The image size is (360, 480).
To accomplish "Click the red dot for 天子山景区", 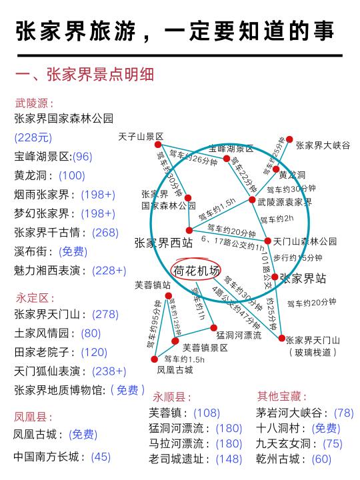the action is pyautogui.click(x=158, y=145).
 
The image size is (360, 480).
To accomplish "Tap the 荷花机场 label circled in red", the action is pyautogui.click(x=196, y=271).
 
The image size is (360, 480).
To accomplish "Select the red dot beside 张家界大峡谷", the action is pyautogui.click(x=289, y=139).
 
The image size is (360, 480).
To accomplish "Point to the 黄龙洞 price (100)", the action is pyautogui.click(x=72, y=175).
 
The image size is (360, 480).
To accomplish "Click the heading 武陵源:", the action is pyautogui.click(x=34, y=103).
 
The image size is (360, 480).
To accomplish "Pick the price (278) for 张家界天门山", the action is pyautogui.click(x=105, y=315).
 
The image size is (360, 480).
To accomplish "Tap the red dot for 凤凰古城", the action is pyautogui.click(x=155, y=359).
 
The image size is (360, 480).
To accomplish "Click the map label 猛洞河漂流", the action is pyautogui.click(x=239, y=335).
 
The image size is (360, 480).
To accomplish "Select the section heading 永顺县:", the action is pyautogui.click(x=172, y=397).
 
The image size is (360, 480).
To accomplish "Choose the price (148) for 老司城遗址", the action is pyautogui.click(x=229, y=459).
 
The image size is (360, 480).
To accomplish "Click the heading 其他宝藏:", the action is pyautogui.click(x=281, y=396).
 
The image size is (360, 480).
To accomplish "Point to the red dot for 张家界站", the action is pyautogui.click(x=275, y=277).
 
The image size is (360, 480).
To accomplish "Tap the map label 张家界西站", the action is pyautogui.click(x=163, y=243).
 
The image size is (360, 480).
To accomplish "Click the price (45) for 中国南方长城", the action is pyautogui.click(x=101, y=457).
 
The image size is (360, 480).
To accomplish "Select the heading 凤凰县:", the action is pyautogui.click(x=33, y=417).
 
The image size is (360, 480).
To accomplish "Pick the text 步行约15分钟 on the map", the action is pyautogui.click(x=297, y=258).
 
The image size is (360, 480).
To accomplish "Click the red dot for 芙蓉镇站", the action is pyautogui.click(x=169, y=296).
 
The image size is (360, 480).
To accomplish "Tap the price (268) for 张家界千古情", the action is pyautogui.click(x=105, y=233).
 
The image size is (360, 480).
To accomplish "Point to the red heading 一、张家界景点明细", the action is pyautogui.click(x=85, y=75).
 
